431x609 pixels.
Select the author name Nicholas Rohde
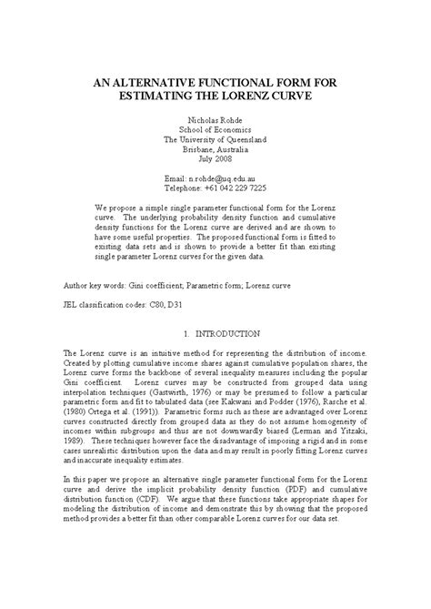pyautogui.click(x=215, y=118)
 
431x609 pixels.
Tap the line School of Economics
pyautogui.click(x=215, y=129)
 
